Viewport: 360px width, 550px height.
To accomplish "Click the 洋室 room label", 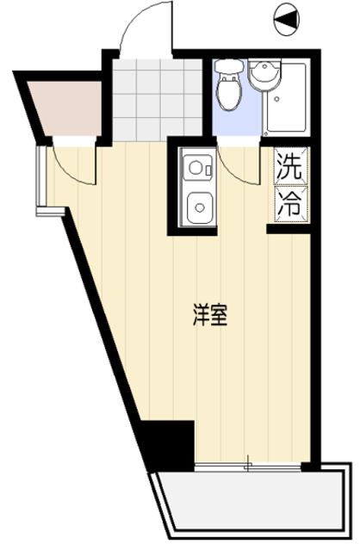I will point(209,316).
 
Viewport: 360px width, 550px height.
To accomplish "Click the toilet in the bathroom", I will point(229,93).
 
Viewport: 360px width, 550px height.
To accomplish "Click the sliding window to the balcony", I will point(250,466).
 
